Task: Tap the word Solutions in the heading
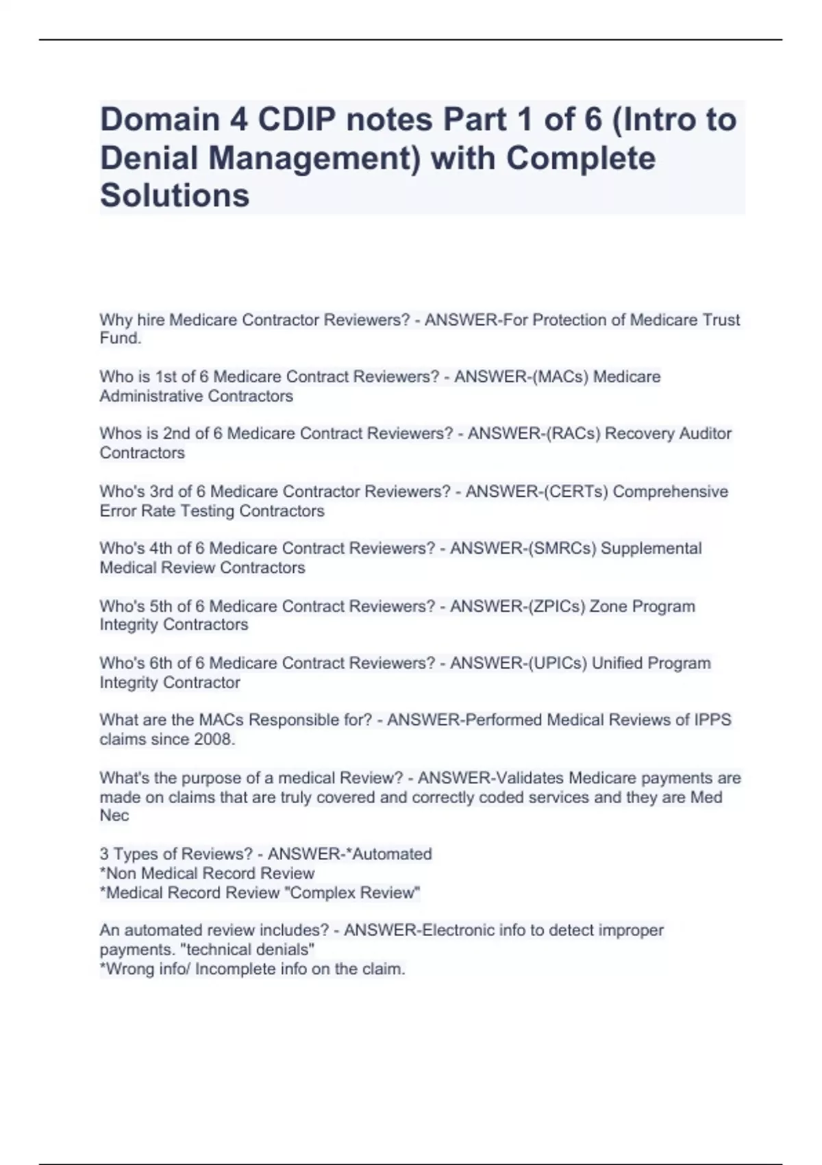(x=175, y=195)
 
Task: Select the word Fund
(x=120, y=339)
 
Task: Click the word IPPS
(x=713, y=720)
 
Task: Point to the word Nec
(x=114, y=815)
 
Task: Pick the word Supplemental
(x=651, y=548)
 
